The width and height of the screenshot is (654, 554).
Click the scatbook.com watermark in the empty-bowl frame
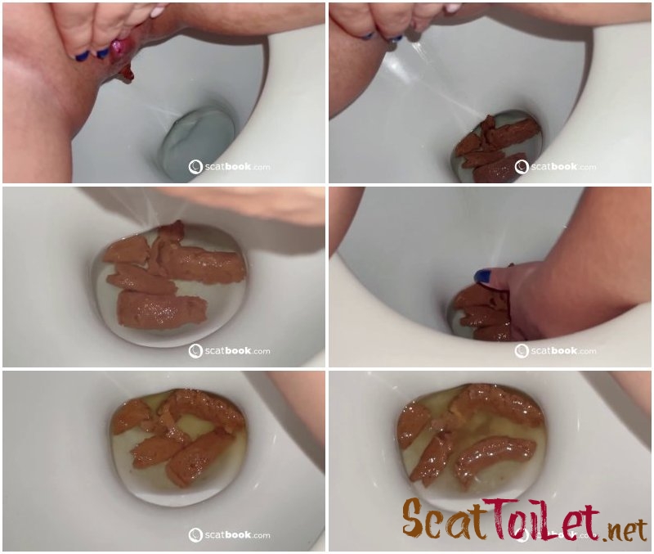pyautogui.click(x=229, y=167)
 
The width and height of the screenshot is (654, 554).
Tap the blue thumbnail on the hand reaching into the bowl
pyautogui.click(x=483, y=276)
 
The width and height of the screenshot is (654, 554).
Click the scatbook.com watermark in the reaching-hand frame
pyautogui.click(x=555, y=351)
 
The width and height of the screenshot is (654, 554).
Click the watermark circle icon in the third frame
pyautogui.click(x=195, y=351)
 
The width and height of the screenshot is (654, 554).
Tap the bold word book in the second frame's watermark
pyautogui.click(x=564, y=167)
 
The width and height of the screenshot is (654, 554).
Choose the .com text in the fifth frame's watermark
pyautogui.click(x=261, y=536)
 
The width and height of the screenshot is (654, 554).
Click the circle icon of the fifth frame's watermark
pyautogui.click(x=195, y=535)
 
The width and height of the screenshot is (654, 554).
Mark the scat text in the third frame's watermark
pyautogui.click(x=214, y=351)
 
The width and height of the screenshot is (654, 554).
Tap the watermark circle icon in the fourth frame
pyautogui.click(x=522, y=351)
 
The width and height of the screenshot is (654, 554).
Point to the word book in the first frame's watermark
pyautogui.click(x=238, y=167)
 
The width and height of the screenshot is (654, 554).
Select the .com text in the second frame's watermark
pyautogui.click(x=587, y=168)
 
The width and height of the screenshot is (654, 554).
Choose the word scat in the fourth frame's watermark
pyautogui.click(x=540, y=351)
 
